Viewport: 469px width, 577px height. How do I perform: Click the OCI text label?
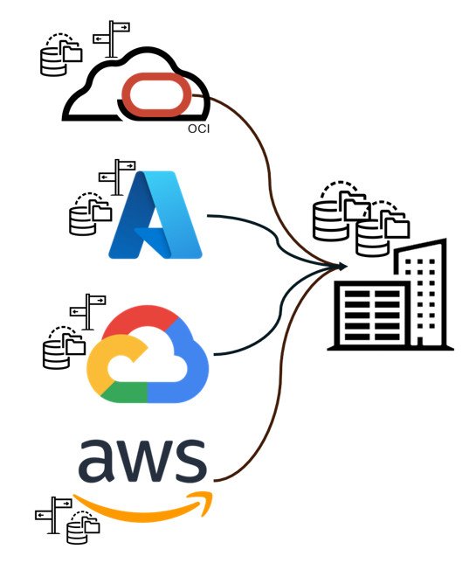[x=198, y=129]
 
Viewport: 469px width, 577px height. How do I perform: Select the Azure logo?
[x=155, y=214]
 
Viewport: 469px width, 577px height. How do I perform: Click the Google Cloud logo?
[x=148, y=354]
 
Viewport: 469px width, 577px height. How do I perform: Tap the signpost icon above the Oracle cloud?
[x=112, y=39]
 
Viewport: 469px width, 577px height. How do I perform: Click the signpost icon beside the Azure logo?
[x=117, y=177]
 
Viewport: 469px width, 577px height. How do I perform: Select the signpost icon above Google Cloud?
[x=88, y=312]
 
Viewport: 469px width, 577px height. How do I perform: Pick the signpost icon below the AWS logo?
[x=53, y=515]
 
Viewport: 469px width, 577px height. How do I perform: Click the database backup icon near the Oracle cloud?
[x=61, y=55]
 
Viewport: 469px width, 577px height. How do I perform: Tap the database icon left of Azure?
[x=91, y=214]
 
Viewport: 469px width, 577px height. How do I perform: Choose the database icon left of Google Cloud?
[x=64, y=347]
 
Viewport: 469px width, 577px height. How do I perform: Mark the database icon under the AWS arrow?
[x=83, y=527]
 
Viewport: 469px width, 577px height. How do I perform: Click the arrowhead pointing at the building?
[x=341, y=267]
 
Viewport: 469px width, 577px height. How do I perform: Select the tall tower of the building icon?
[x=420, y=293]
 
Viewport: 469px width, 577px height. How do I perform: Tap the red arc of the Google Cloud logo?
[x=140, y=320]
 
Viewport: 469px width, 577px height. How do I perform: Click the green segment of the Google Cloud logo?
[x=124, y=393]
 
